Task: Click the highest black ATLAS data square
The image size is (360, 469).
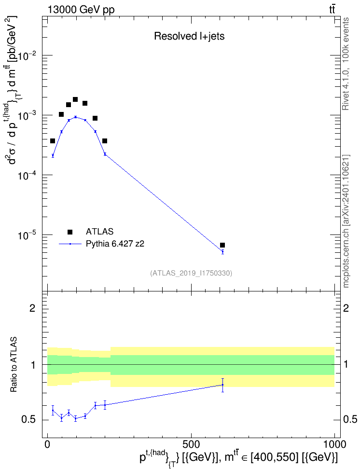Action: tap(75, 99)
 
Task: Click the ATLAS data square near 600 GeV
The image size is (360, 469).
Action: tap(222, 245)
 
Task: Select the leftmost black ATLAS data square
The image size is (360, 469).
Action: tap(53, 141)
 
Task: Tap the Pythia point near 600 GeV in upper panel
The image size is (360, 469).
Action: tap(222, 252)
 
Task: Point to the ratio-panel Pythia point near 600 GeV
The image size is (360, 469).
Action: tap(222, 385)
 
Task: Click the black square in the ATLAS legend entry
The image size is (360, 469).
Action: tap(70, 232)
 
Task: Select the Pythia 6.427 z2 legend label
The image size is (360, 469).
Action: tap(115, 244)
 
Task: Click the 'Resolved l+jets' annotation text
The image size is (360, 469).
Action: tap(189, 36)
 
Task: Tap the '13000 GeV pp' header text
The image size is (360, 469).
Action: tap(81, 10)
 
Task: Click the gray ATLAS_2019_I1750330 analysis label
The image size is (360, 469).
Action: tap(191, 273)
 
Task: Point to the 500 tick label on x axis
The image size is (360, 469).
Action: tap(191, 444)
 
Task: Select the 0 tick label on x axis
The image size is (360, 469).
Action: tap(48, 444)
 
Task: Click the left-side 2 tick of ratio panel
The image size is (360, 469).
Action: tap(33, 308)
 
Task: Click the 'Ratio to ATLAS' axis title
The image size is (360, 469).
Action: tap(14, 365)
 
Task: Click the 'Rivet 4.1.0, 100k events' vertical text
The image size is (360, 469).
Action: tap(346, 64)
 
